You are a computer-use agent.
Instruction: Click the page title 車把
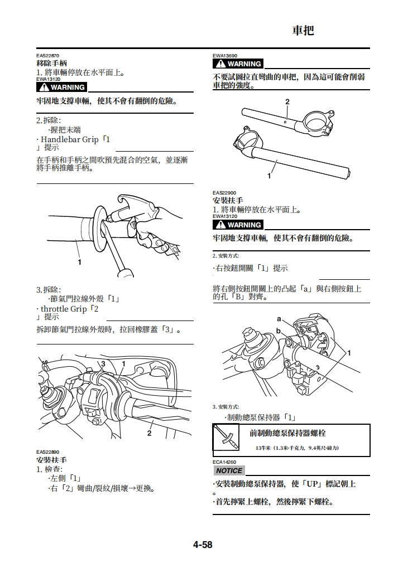tap(304, 31)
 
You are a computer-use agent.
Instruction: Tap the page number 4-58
tap(203, 545)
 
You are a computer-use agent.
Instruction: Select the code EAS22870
tap(48, 56)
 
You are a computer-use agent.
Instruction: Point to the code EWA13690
tap(225, 56)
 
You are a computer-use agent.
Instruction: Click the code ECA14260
tap(224, 462)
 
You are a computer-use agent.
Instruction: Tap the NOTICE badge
tap(229, 471)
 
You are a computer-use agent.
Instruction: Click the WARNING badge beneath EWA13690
tap(238, 64)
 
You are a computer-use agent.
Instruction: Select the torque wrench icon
tap(226, 438)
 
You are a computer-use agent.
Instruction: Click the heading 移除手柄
tap(51, 64)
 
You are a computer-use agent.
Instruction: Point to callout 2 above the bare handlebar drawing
tap(287, 102)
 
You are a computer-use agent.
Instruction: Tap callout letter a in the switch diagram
tap(279, 318)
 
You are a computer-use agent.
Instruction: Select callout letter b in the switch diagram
tap(278, 331)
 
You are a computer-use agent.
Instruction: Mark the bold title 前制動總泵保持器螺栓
tap(287, 433)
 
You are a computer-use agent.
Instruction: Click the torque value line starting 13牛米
tap(297, 448)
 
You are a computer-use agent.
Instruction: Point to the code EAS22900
tap(224, 193)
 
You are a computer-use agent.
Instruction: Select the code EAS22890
tap(48, 452)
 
